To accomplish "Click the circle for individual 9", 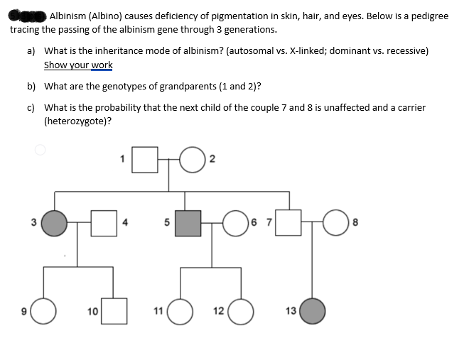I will click(x=43, y=310).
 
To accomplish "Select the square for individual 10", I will click(x=114, y=310).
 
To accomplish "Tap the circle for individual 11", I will click(x=180, y=310).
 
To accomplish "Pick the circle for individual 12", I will click(x=240, y=310).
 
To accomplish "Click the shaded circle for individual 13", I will click(x=312, y=310).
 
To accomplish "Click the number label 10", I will click(x=93, y=311).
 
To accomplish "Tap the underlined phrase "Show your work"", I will click(x=78, y=65).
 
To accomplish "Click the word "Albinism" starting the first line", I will click(x=68, y=16).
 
